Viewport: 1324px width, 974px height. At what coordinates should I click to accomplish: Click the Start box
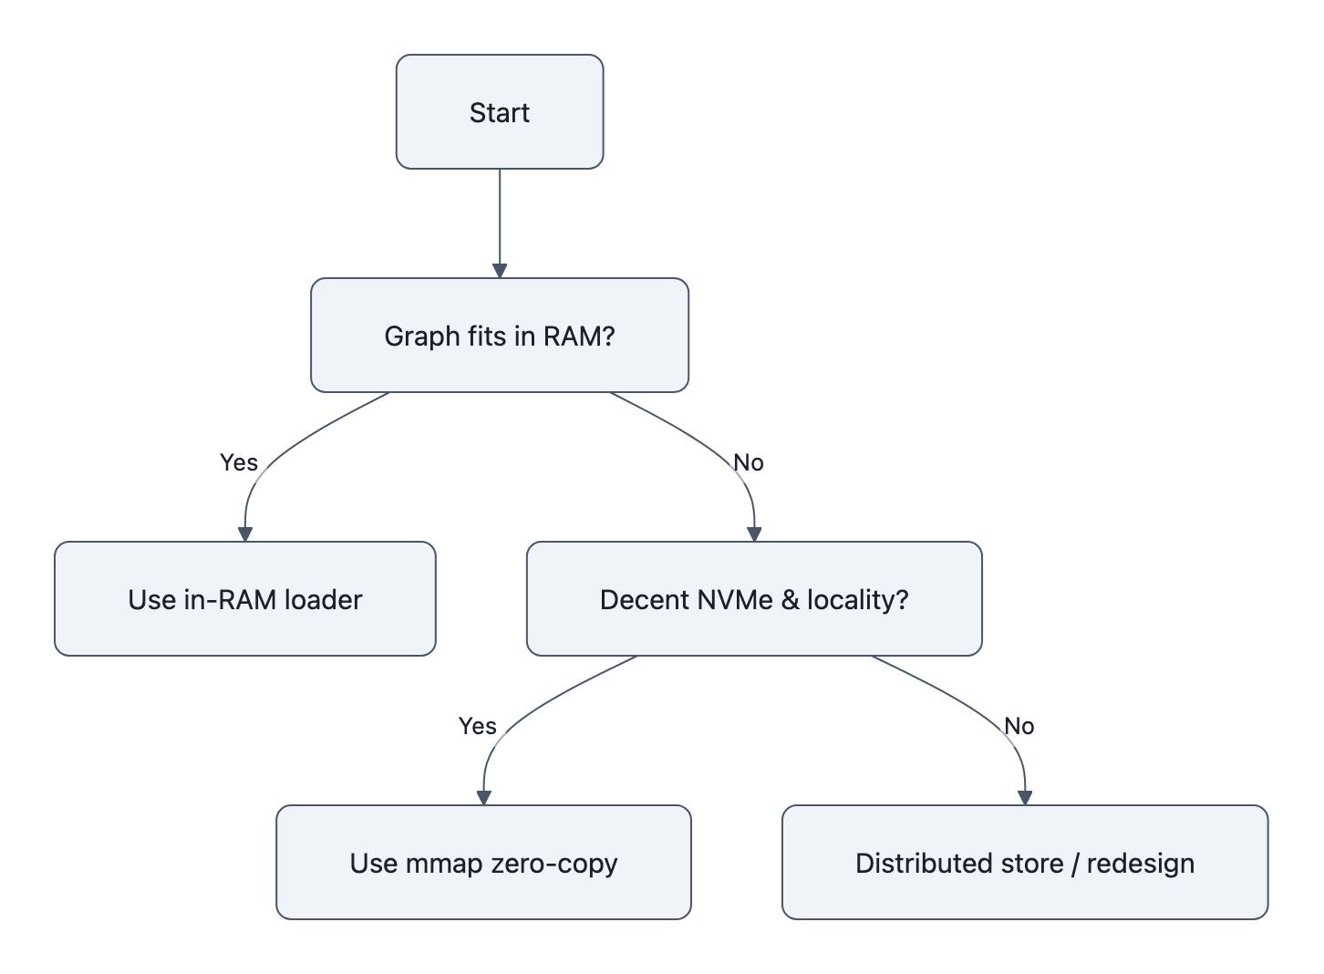pyautogui.click(x=499, y=112)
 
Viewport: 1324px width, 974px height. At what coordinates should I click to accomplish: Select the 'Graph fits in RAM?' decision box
pyautogui.click(x=499, y=336)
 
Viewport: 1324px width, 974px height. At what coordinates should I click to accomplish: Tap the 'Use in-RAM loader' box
pyautogui.click(x=244, y=599)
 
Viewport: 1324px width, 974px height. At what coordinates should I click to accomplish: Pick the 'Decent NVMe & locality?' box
pyautogui.click(x=754, y=599)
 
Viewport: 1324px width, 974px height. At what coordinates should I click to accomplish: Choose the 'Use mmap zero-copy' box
pyautogui.click(x=483, y=863)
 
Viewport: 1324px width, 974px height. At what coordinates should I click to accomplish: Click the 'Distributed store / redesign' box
pyautogui.click(x=1025, y=863)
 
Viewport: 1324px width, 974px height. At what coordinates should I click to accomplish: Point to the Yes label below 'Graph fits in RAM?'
pyautogui.click(x=239, y=462)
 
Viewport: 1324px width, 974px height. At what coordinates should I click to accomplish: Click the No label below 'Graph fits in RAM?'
pyautogui.click(x=749, y=462)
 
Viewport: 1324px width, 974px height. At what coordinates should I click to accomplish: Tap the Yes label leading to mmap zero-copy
pyautogui.click(x=478, y=726)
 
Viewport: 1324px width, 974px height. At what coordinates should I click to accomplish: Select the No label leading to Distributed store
pyautogui.click(x=1019, y=726)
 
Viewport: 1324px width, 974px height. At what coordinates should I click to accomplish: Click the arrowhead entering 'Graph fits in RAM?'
pyautogui.click(x=500, y=271)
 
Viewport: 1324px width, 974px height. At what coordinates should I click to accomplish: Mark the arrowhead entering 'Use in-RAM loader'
pyautogui.click(x=244, y=534)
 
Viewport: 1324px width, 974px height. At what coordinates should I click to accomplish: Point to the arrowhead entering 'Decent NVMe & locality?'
pyautogui.click(x=754, y=534)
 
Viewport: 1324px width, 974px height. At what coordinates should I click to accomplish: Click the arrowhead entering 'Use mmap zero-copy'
pyautogui.click(x=484, y=798)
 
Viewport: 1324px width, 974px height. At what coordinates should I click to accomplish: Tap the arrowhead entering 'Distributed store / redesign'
pyautogui.click(x=1025, y=798)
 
